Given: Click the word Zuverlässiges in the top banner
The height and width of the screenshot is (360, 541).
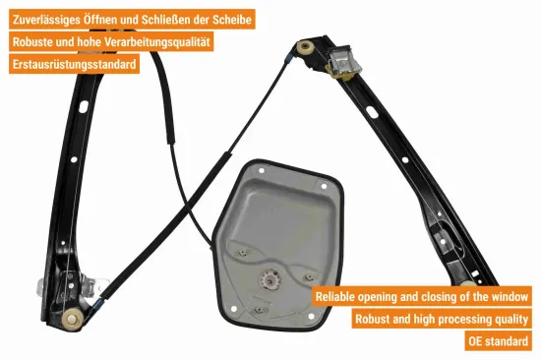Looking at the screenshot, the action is tap(47, 20).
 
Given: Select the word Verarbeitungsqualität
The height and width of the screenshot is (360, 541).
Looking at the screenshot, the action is tap(157, 41).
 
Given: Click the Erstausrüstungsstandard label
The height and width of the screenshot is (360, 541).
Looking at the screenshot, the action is tap(74, 64).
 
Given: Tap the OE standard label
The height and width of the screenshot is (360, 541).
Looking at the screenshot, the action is tap(499, 341).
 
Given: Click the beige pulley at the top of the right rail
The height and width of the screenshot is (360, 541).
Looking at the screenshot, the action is tap(305, 47).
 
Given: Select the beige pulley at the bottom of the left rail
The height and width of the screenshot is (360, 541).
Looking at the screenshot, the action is tap(72, 320).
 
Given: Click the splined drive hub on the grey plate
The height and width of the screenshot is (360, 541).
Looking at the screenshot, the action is tap(270, 278).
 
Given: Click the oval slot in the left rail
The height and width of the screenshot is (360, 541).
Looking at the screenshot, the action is tap(84, 106).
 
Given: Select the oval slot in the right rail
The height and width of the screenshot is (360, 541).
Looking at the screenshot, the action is tap(372, 112).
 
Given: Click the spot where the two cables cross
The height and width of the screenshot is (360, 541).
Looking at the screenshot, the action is tap(188, 207).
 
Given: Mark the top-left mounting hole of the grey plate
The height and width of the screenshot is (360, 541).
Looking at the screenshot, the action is tap(262, 170).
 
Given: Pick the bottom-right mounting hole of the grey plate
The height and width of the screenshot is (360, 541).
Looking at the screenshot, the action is tap(311, 316).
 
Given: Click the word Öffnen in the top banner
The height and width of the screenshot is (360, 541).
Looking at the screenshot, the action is tap(99, 20).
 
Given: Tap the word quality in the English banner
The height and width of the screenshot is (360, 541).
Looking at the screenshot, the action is tap(512, 319).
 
